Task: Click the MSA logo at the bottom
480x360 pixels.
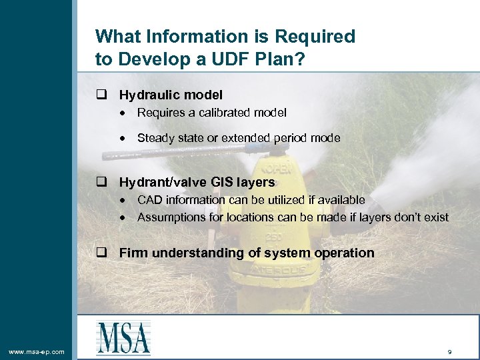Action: coord(123,337)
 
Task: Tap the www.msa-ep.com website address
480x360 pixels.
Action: coord(37,351)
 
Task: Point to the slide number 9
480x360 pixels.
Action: coord(450,351)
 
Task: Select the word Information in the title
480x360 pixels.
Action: coord(191,36)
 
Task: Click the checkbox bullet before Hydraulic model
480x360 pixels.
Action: coord(101,95)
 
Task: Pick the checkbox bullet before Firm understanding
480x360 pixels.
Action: coord(101,253)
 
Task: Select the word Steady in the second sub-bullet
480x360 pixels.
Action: coord(154,138)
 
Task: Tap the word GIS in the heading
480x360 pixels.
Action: coord(223,182)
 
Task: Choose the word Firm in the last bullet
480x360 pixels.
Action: coord(133,253)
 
